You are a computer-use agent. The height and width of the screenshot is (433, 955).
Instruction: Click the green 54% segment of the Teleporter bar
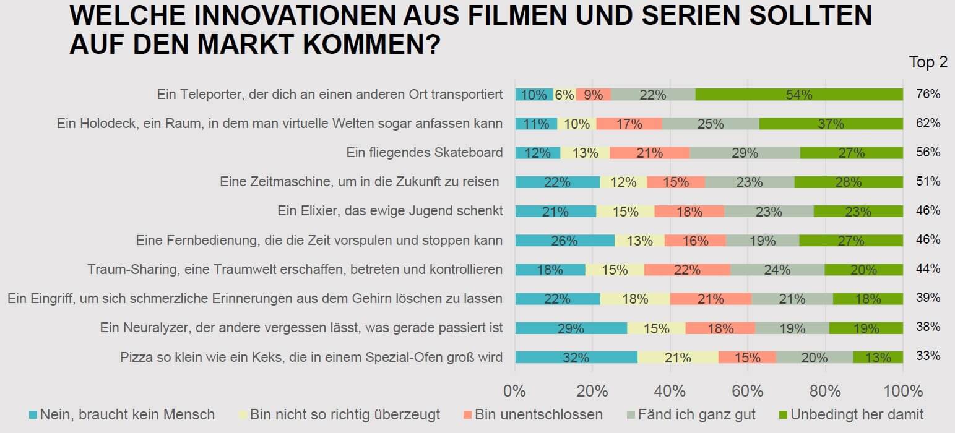coord(799,95)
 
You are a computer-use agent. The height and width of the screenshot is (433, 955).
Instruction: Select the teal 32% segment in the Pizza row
coord(576,357)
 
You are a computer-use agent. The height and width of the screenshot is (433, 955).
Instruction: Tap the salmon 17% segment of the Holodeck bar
coord(629,124)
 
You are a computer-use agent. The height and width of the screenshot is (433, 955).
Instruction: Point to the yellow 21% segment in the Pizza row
coord(678,357)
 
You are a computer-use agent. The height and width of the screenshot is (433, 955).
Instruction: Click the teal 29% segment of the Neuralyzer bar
coord(571,328)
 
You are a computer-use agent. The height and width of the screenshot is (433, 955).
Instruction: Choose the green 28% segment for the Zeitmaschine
coord(849,182)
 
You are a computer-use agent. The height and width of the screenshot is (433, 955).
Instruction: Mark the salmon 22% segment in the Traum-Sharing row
coord(687,270)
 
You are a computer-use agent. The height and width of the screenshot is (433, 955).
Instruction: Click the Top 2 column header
coord(928,62)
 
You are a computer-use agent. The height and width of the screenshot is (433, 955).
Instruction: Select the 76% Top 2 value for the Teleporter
coord(928,95)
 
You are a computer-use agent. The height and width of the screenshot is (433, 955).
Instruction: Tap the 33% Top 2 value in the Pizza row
coord(928,357)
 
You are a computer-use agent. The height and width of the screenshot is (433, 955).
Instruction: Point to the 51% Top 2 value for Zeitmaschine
coord(928,182)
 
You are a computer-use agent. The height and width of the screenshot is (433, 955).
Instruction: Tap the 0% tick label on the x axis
coord(515,391)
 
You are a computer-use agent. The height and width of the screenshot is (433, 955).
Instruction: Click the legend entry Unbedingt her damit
coord(857,414)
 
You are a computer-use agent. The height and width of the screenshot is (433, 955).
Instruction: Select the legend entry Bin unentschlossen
coord(538,414)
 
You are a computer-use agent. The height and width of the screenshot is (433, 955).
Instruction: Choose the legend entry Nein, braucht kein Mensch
coord(127,414)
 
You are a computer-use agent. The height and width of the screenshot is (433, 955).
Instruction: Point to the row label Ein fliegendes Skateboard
coord(424,153)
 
